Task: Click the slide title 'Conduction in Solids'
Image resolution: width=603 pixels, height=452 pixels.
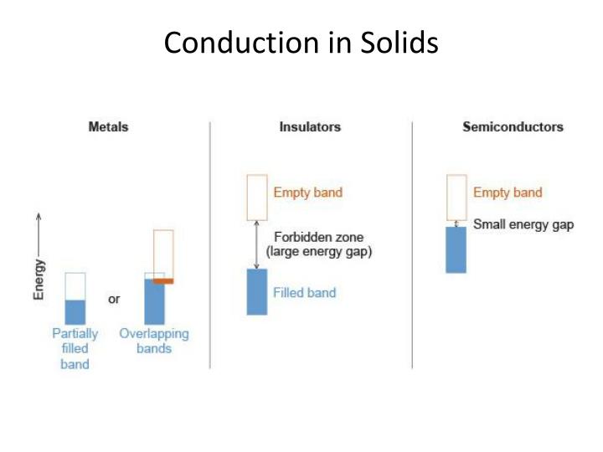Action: pyautogui.click(x=301, y=43)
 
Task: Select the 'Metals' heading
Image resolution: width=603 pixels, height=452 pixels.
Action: pyautogui.click(x=108, y=127)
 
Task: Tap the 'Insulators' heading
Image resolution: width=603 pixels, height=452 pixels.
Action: pyautogui.click(x=310, y=127)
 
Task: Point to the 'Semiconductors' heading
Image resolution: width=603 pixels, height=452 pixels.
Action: pyautogui.click(x=513, y=127)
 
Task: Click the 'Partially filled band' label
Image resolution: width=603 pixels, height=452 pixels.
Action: pyautogui.click(x=75, y=348)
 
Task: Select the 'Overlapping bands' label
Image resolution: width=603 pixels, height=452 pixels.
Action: pyautogui.click(x=154, y=341)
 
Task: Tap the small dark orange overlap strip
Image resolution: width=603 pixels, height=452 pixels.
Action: pyautogui.click(x=163, y=281)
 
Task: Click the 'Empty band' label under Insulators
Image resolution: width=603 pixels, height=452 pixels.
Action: pyautogui.click(x=307, y=193)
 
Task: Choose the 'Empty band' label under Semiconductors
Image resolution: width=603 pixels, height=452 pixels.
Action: pyautogui.click(x=508, y=193)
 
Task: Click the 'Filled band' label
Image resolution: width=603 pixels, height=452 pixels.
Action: pyautogui.click(x=304, y=293)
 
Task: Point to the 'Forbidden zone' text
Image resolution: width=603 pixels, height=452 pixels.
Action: pyautogui.click(x=318, y=237)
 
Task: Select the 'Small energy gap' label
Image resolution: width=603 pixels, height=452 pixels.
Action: pyautogui.click(x=523, y=224)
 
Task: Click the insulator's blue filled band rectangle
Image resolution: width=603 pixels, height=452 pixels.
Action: pyautogui.click(x=256, y=291)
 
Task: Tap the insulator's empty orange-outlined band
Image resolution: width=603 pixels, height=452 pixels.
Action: pyautogui.click(x=256, y=198)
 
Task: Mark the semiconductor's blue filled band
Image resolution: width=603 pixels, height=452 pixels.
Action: pyautogui.click(x=456, y=249)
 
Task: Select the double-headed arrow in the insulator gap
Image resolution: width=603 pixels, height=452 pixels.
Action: pyautogui.click(x=256, y=244)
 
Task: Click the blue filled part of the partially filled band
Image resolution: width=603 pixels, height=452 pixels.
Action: pyautogui.click(x=75, y=311)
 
